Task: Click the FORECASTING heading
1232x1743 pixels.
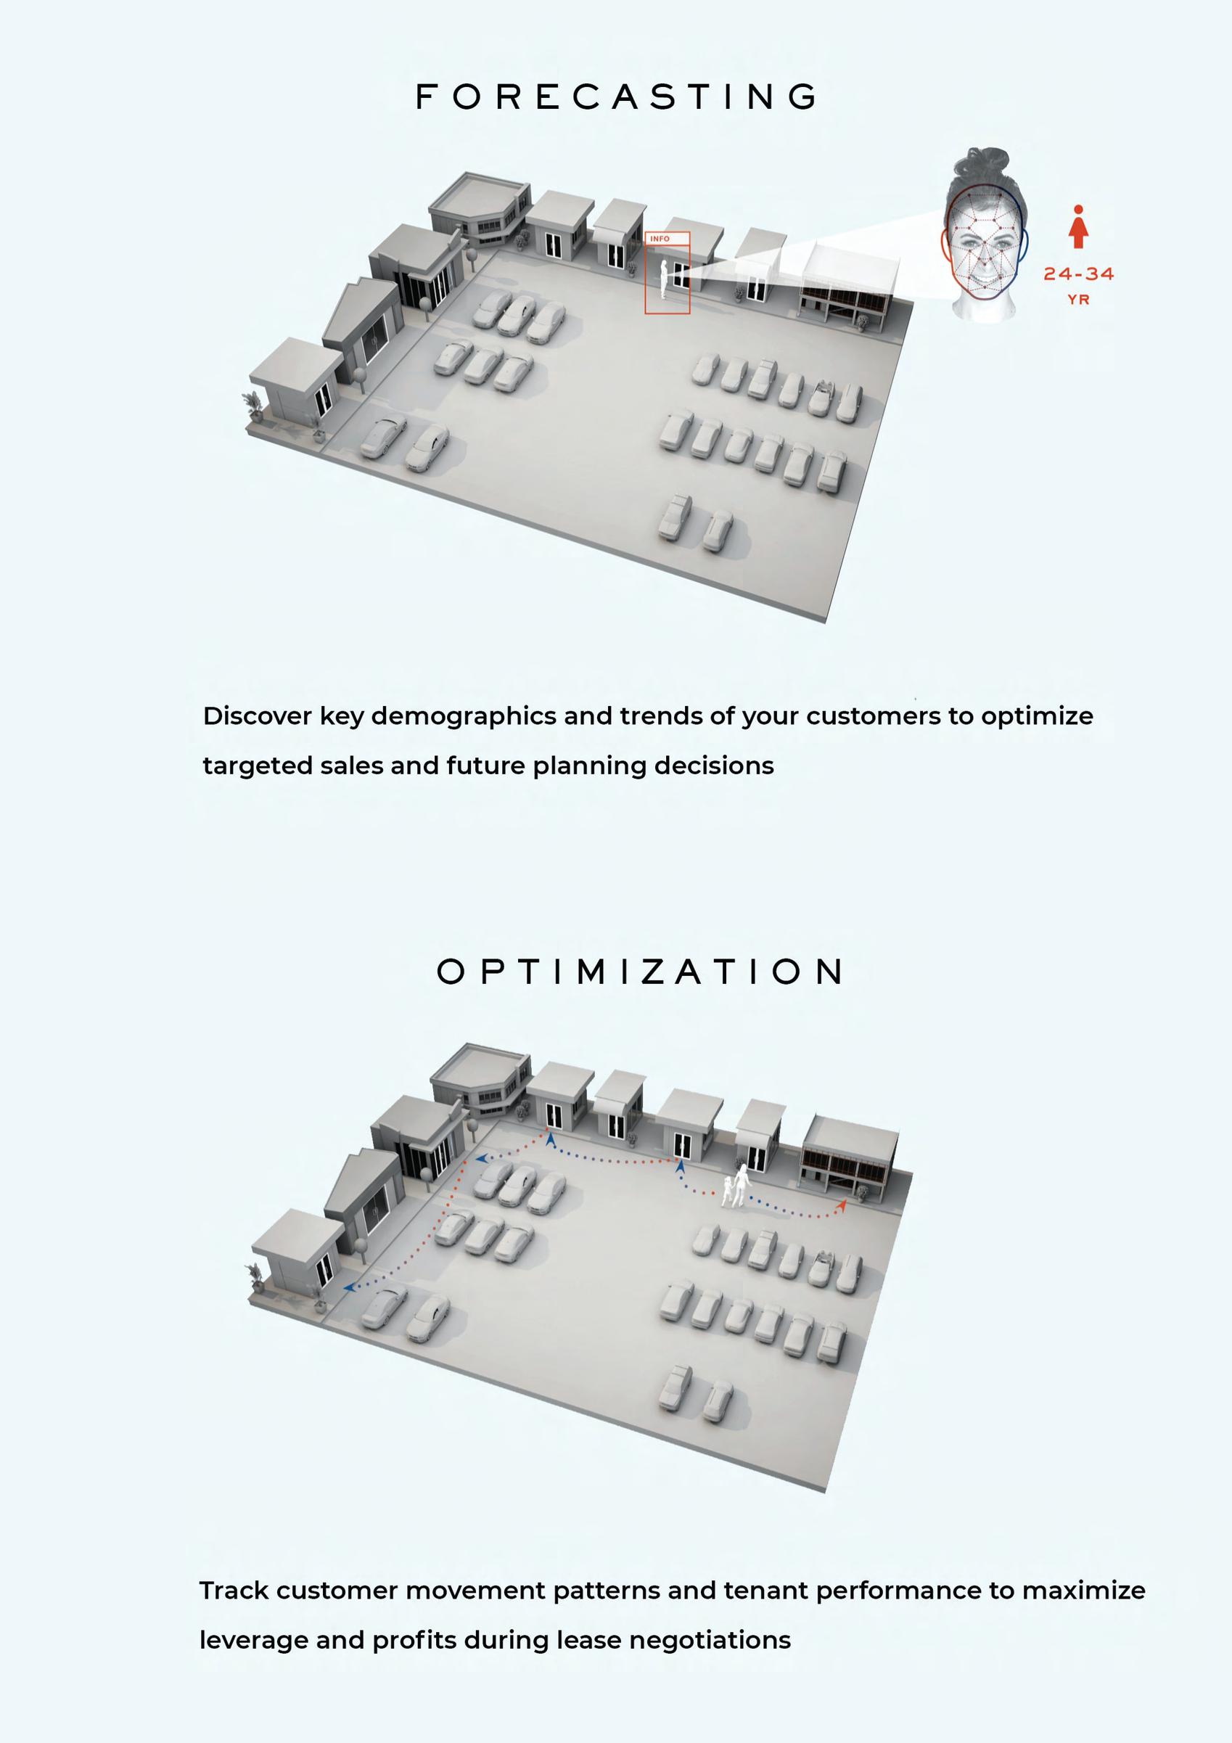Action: pos(617,97)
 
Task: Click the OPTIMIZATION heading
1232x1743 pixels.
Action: pos(639,972)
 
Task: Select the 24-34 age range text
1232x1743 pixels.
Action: pos(1078,274)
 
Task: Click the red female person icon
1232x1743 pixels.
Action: pos(1078,226)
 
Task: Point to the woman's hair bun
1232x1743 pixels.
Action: pos(987,161)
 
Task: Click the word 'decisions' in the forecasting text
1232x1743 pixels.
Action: pos(713,766)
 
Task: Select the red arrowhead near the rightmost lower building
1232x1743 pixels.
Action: pos(842,1204)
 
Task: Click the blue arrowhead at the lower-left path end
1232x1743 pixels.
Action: pos(348,1287)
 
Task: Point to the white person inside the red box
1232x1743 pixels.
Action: pos(664,279)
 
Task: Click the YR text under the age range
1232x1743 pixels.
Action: pos(1078,300)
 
